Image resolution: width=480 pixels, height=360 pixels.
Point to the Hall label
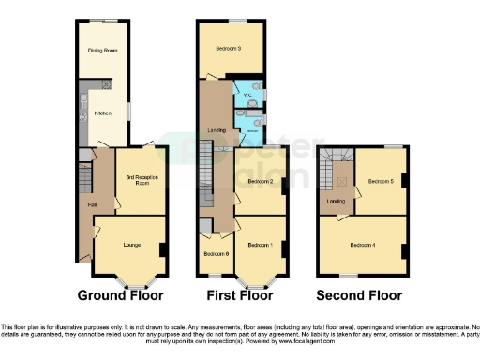tap(93, 205)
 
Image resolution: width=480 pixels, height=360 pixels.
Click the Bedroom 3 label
tap(229, 49)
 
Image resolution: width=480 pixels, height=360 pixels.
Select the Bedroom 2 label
tap(260, 181)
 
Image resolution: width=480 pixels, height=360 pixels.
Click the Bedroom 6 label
tap(216, 253)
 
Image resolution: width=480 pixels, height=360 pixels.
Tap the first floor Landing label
tap(216, 129)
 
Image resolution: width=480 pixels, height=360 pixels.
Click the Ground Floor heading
tap(120, 295)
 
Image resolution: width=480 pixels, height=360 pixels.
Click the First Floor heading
tap(240, 295)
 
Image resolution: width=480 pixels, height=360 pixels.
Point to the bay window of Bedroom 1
tap(252, 280)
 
